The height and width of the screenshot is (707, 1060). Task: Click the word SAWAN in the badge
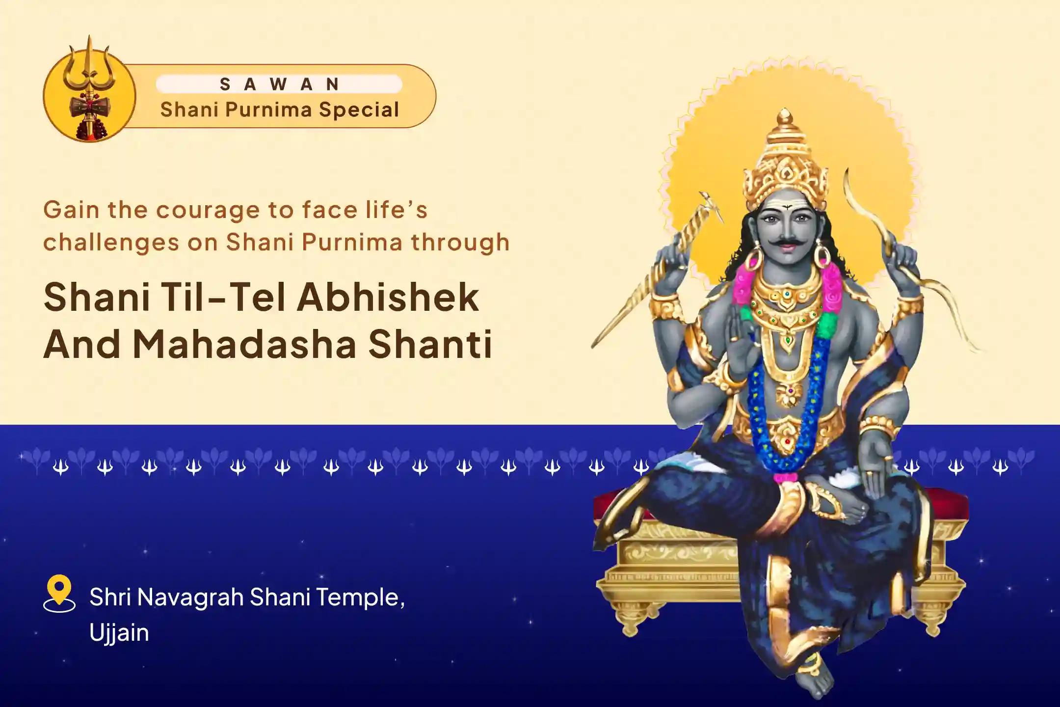(x=279, y=84)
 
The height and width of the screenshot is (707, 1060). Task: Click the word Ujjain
(x=119, y=633)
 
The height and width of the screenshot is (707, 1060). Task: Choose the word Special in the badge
(x=359, y=109)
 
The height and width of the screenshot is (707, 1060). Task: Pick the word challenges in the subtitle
(x=111, y=243)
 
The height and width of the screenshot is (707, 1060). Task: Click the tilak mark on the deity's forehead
(x=786, y=208)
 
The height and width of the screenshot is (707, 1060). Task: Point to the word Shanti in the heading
(x=431, y=345)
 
